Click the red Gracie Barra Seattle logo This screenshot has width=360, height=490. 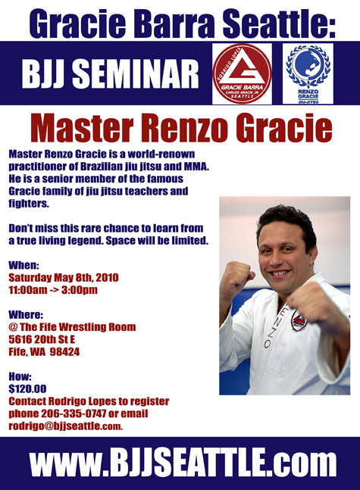coord(242,73)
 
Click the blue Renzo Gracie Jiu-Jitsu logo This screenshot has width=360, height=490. coord(308,74)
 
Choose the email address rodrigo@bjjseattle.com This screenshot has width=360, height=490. coord(65,426)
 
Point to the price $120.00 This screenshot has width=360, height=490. coord(27,389)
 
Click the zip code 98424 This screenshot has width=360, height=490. coord(64,352)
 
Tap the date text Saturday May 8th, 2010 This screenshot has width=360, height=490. coord(64,277)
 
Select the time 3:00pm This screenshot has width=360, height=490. coord(80,290)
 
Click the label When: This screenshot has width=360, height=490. coord(23,265)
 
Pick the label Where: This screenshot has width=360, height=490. coord(26,314)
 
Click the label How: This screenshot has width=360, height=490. coord(20,376)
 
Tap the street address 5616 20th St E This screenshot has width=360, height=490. coord(42,339)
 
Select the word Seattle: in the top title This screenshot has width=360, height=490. coord(279,23)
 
